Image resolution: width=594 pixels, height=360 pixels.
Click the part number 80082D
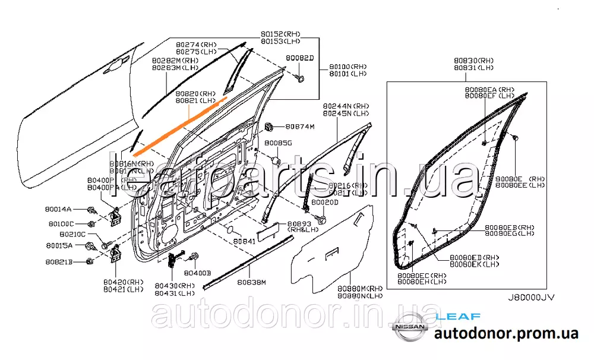coord(299,58)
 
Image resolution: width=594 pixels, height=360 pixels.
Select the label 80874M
coord(299,127)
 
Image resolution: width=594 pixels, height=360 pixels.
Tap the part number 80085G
coord(279,143)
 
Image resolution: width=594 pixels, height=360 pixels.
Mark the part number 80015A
coord(60,245)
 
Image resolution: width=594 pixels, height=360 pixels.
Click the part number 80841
coord(244,241)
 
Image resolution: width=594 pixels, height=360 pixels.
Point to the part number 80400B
coord(197,273)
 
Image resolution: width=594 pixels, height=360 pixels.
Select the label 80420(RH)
coord(124,282)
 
